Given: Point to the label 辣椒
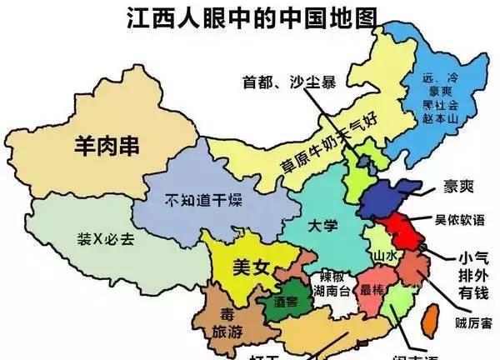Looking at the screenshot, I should click(331, 275).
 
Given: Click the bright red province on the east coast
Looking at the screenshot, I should click(402, 227).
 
